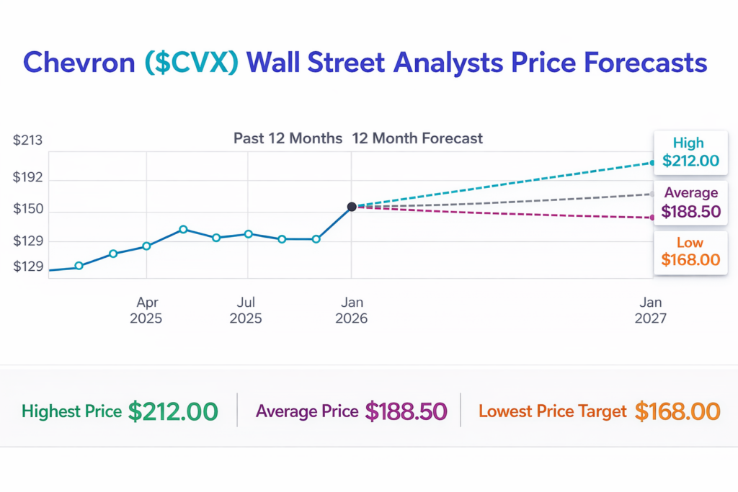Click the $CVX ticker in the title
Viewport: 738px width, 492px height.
point(191,63)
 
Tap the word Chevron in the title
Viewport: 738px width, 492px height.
point(79,63)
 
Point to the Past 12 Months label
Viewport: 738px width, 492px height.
point(288,138)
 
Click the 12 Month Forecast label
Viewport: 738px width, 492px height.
point(417,138)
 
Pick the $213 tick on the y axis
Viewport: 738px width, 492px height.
point(28,140)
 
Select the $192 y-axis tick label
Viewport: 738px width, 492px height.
point(28,177)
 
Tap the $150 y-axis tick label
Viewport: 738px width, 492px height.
point(28,210)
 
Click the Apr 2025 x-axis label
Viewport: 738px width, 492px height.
point(146,310)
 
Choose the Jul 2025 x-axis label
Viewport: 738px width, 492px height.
point(246,310)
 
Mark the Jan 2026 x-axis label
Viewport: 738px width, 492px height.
point(352,310)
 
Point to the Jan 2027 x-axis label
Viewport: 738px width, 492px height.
point(651,310)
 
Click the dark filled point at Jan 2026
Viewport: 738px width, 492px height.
point(352,207)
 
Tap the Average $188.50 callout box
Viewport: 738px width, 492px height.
point(690,202)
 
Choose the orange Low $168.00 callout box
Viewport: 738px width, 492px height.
point(690,251)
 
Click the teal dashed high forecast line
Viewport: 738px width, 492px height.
point(504,184)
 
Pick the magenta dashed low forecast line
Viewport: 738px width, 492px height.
point(504,212)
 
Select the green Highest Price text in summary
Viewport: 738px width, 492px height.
point(71,411)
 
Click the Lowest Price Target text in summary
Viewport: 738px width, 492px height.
point(553,411)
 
